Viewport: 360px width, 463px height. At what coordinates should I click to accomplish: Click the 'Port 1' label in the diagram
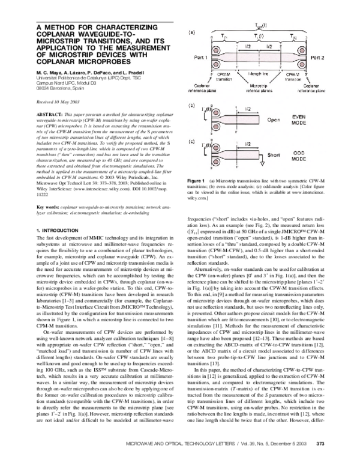199,58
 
